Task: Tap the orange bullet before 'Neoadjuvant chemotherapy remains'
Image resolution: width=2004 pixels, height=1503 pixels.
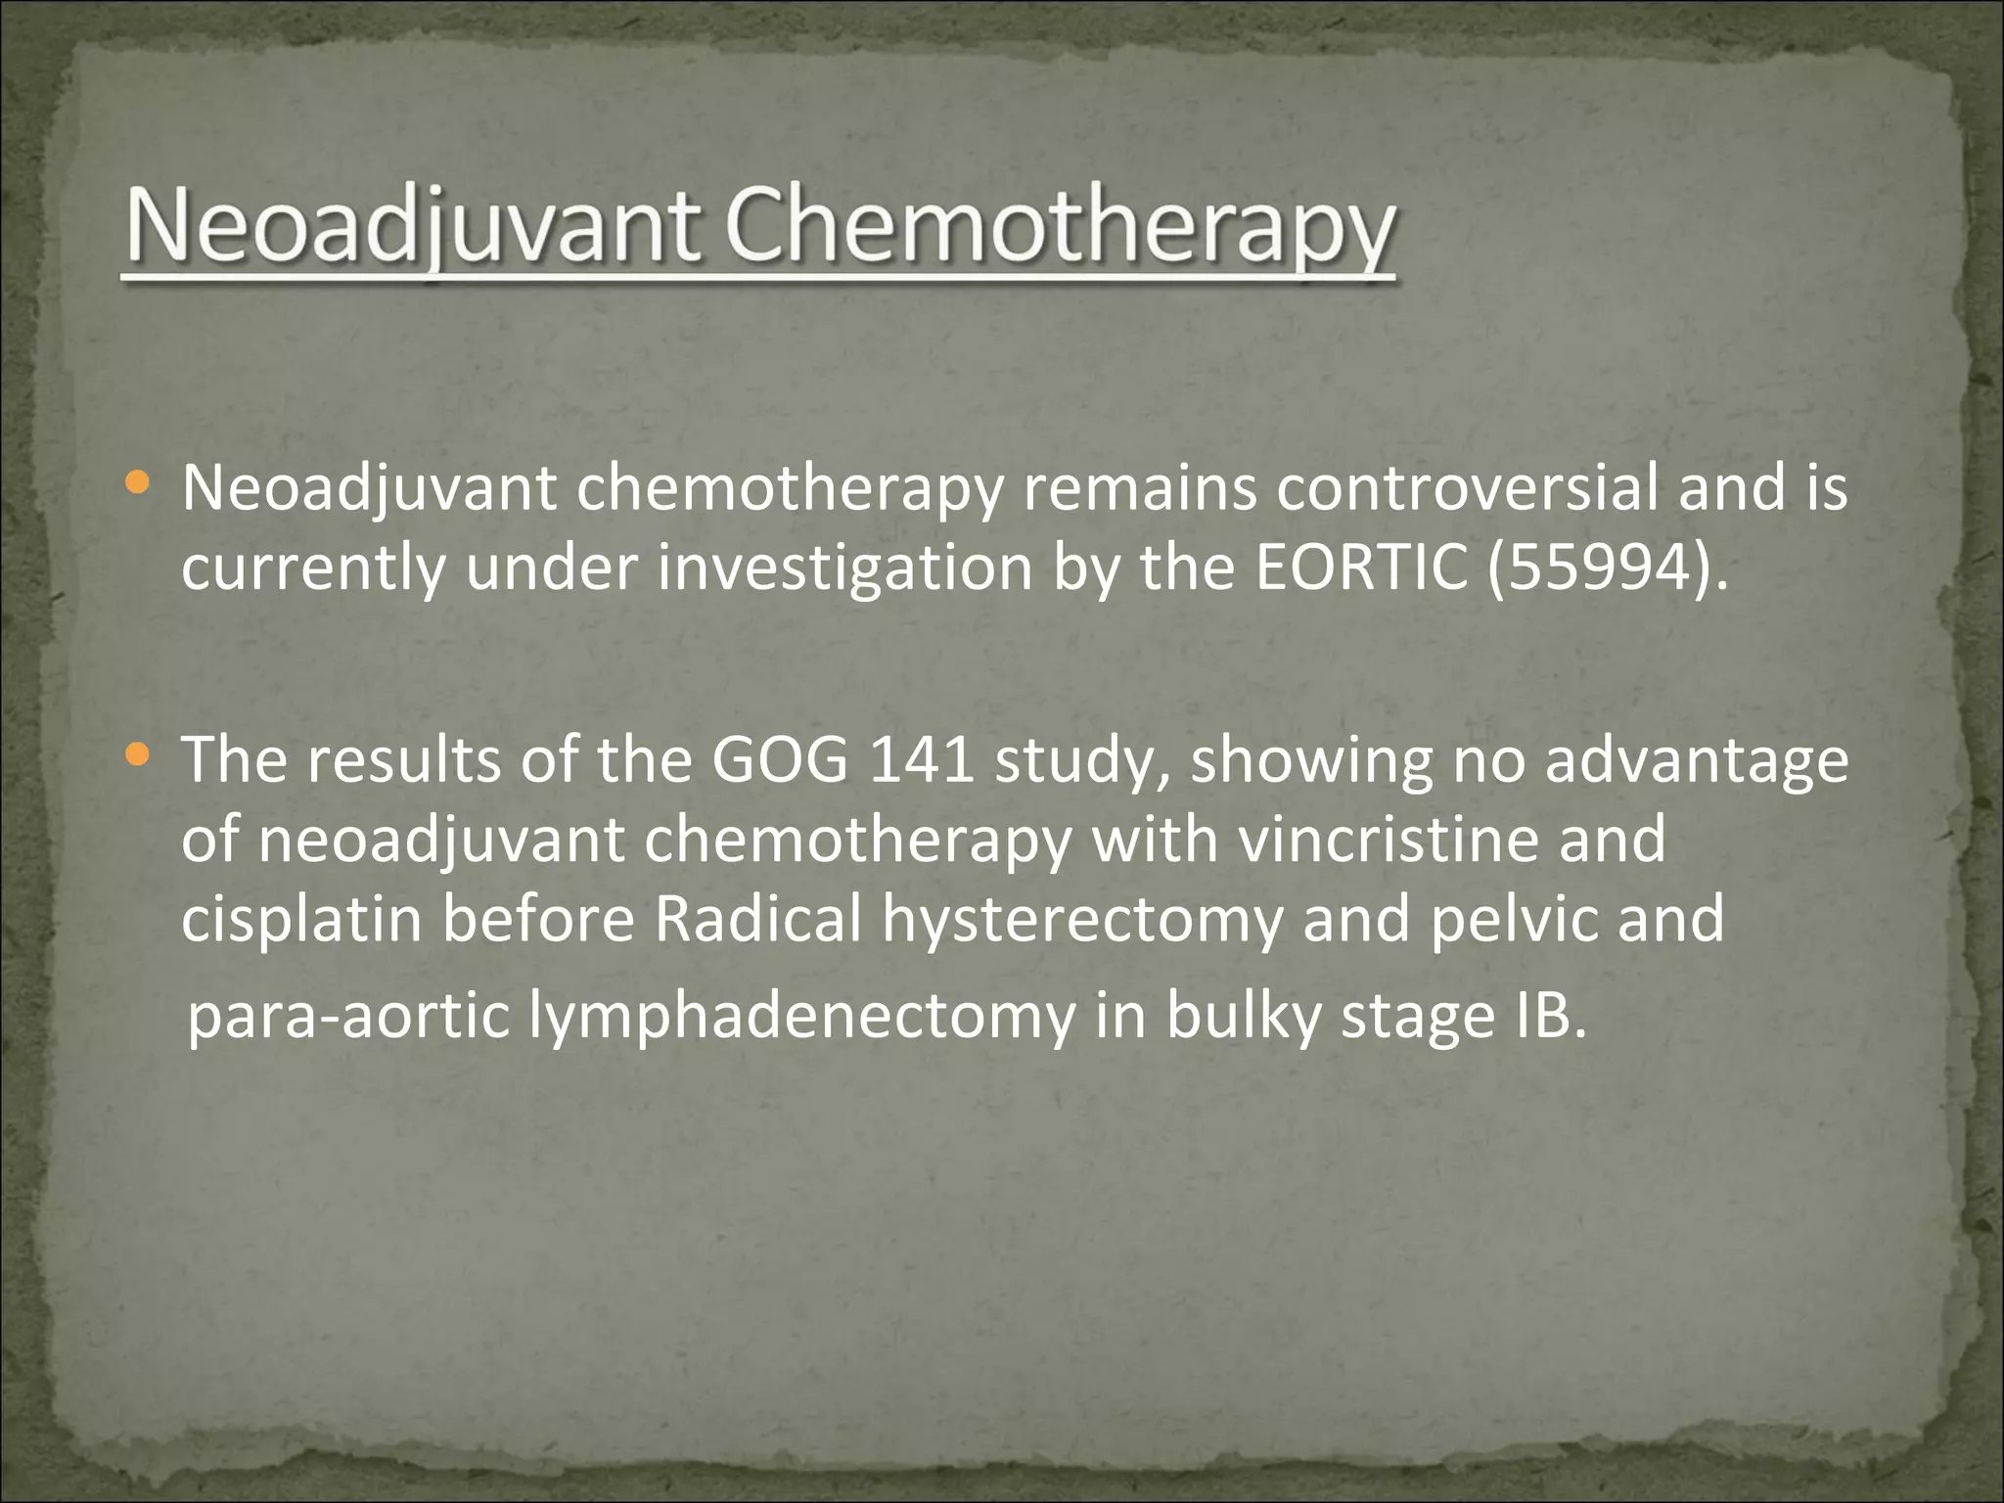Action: click(x=139, y=482)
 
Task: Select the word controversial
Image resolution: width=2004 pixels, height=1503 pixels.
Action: click(x=1467, y=487)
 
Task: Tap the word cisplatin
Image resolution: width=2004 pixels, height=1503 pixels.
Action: click(x=301, y=920)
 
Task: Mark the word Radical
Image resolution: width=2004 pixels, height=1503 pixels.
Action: click(x=757, y=920)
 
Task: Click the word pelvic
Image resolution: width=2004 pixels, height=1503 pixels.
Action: click(x=1513, y=920)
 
